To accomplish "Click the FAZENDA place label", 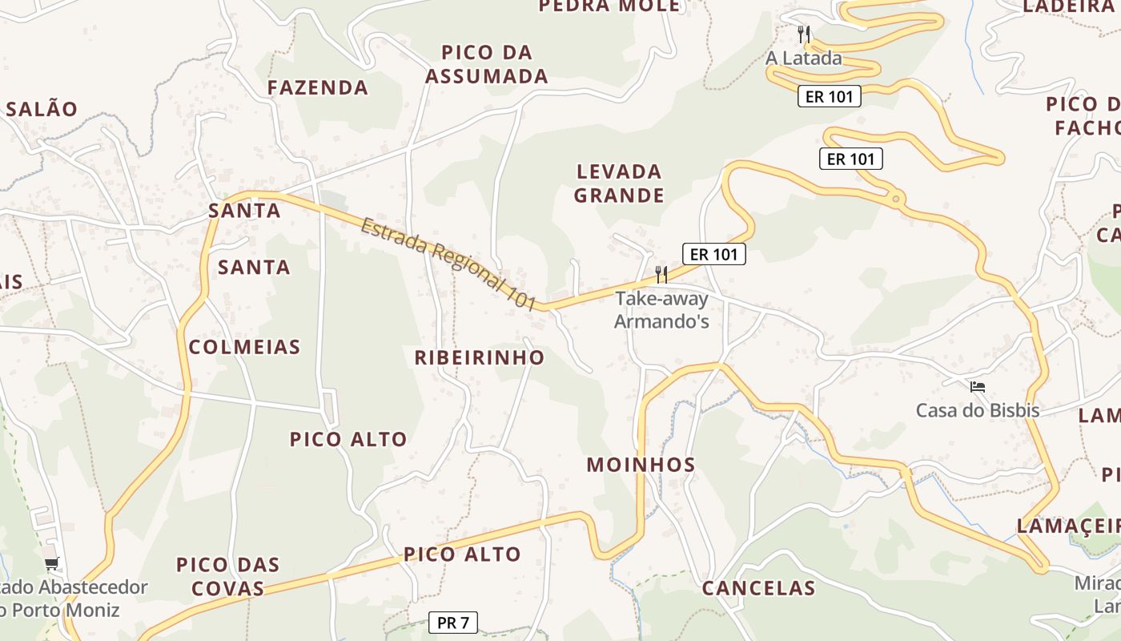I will tap(318, 87).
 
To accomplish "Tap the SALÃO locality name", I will tap(42, 109).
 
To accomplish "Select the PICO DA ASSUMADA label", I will tap(486, 64).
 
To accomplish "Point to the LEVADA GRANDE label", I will tap(619, 183).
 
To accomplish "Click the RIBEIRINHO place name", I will tap(479, 357).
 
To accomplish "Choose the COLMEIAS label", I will tap(244, 347).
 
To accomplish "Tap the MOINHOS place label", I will tap(641, 465).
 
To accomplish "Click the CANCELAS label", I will tap(758, 588).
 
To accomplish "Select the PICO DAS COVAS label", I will tap(228, 576).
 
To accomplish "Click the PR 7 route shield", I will tap(453, 623).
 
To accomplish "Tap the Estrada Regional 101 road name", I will tap(448, 262).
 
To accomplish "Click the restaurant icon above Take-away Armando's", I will tap(661, 275).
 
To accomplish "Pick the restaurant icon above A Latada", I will tap(804, 34).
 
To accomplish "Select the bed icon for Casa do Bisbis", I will tap(977, 387).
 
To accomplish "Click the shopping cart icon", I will tap(52, 564).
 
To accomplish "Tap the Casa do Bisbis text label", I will tap(977, 411).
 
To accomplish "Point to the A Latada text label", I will tap(803, 58).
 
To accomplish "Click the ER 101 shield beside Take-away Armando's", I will tap(713, 255).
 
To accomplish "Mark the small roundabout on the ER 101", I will tap(895, 197).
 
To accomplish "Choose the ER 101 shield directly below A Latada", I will tap(829, 97).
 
